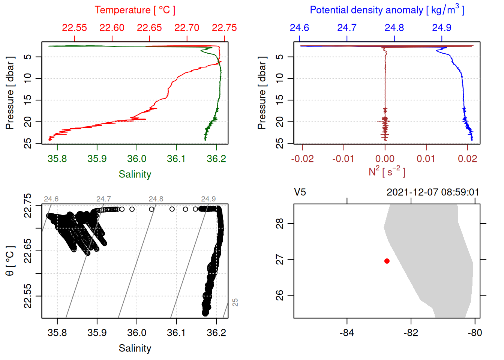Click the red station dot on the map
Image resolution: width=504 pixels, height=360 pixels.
coord(387,261)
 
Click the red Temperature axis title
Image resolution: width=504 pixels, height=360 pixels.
coord(135,10)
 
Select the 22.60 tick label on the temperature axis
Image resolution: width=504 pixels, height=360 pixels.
coord(112,28)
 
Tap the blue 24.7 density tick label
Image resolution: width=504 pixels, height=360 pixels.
coord(347,28)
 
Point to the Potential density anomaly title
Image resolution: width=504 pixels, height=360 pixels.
coord(387,10)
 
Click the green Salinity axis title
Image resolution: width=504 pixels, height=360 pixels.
coord(135,174)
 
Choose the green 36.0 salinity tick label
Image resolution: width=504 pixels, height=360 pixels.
coord(136,159)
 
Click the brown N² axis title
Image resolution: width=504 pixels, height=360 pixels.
coord(387,171)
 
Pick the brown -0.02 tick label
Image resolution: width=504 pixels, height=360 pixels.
coord(302,159)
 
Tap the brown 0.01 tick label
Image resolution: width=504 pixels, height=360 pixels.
coord(426,159)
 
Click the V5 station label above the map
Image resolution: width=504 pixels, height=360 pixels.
coord(300,192)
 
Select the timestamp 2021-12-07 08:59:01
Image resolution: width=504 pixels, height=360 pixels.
coord(433,192)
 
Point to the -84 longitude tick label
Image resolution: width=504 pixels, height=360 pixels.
coord(346,333)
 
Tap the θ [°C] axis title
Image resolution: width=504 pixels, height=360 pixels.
coord(10,261)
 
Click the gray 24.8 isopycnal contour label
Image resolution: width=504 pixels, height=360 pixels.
coord(156,199)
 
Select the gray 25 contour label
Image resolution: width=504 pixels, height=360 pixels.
coord(235,302)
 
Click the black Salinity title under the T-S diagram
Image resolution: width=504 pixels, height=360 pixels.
coord(135,348)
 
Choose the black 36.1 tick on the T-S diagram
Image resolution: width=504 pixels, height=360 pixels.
coord(176,333)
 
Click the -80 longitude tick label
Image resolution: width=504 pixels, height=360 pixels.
coord(475,333)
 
